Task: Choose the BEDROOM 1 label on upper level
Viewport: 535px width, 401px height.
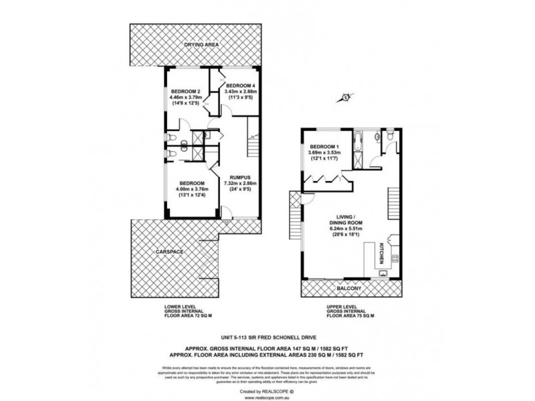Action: pyautogui.click(x=324, y=146)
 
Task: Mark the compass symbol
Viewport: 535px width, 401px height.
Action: pyautogui.click(x=345, y=98)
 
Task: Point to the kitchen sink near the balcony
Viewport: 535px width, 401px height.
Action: pyautogui.click(x=383, y=272)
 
